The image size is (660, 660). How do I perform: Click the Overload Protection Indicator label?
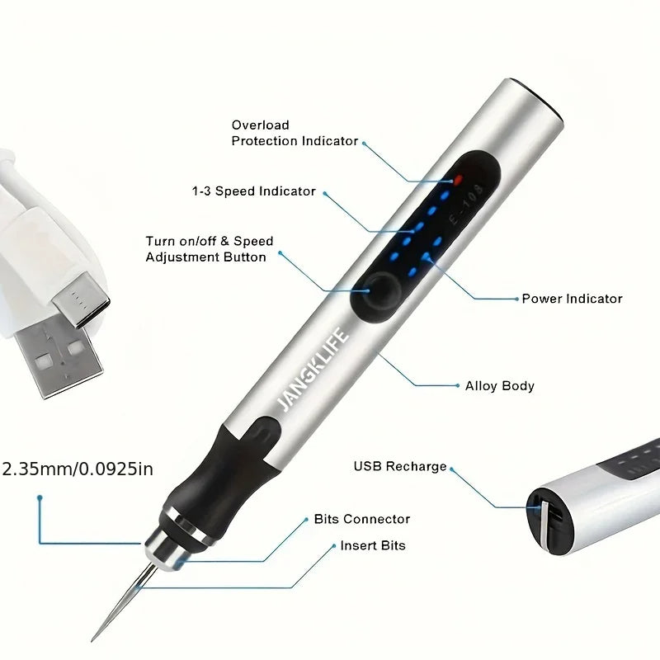pyautogui.click(x=295, y=133)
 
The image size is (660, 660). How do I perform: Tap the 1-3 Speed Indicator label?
pyautogui.click(x=253, y=191)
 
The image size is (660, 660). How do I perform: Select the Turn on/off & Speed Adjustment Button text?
pyautogui.click(x=209, y=249)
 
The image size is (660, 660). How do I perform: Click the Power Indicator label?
pyautogui.click(x=572, y=299)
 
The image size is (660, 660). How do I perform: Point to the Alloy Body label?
pyautogui.click(x=499, y=385)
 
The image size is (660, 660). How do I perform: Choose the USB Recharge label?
pyautogui.click(x=400, y=466)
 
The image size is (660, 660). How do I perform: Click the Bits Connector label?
pyautogui.click(x=361, y=519)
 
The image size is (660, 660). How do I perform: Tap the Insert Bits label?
pyautogui.click(x=372, y=545)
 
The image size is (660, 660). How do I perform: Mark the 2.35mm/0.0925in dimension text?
pyautogui.click(x=78, y=469)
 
